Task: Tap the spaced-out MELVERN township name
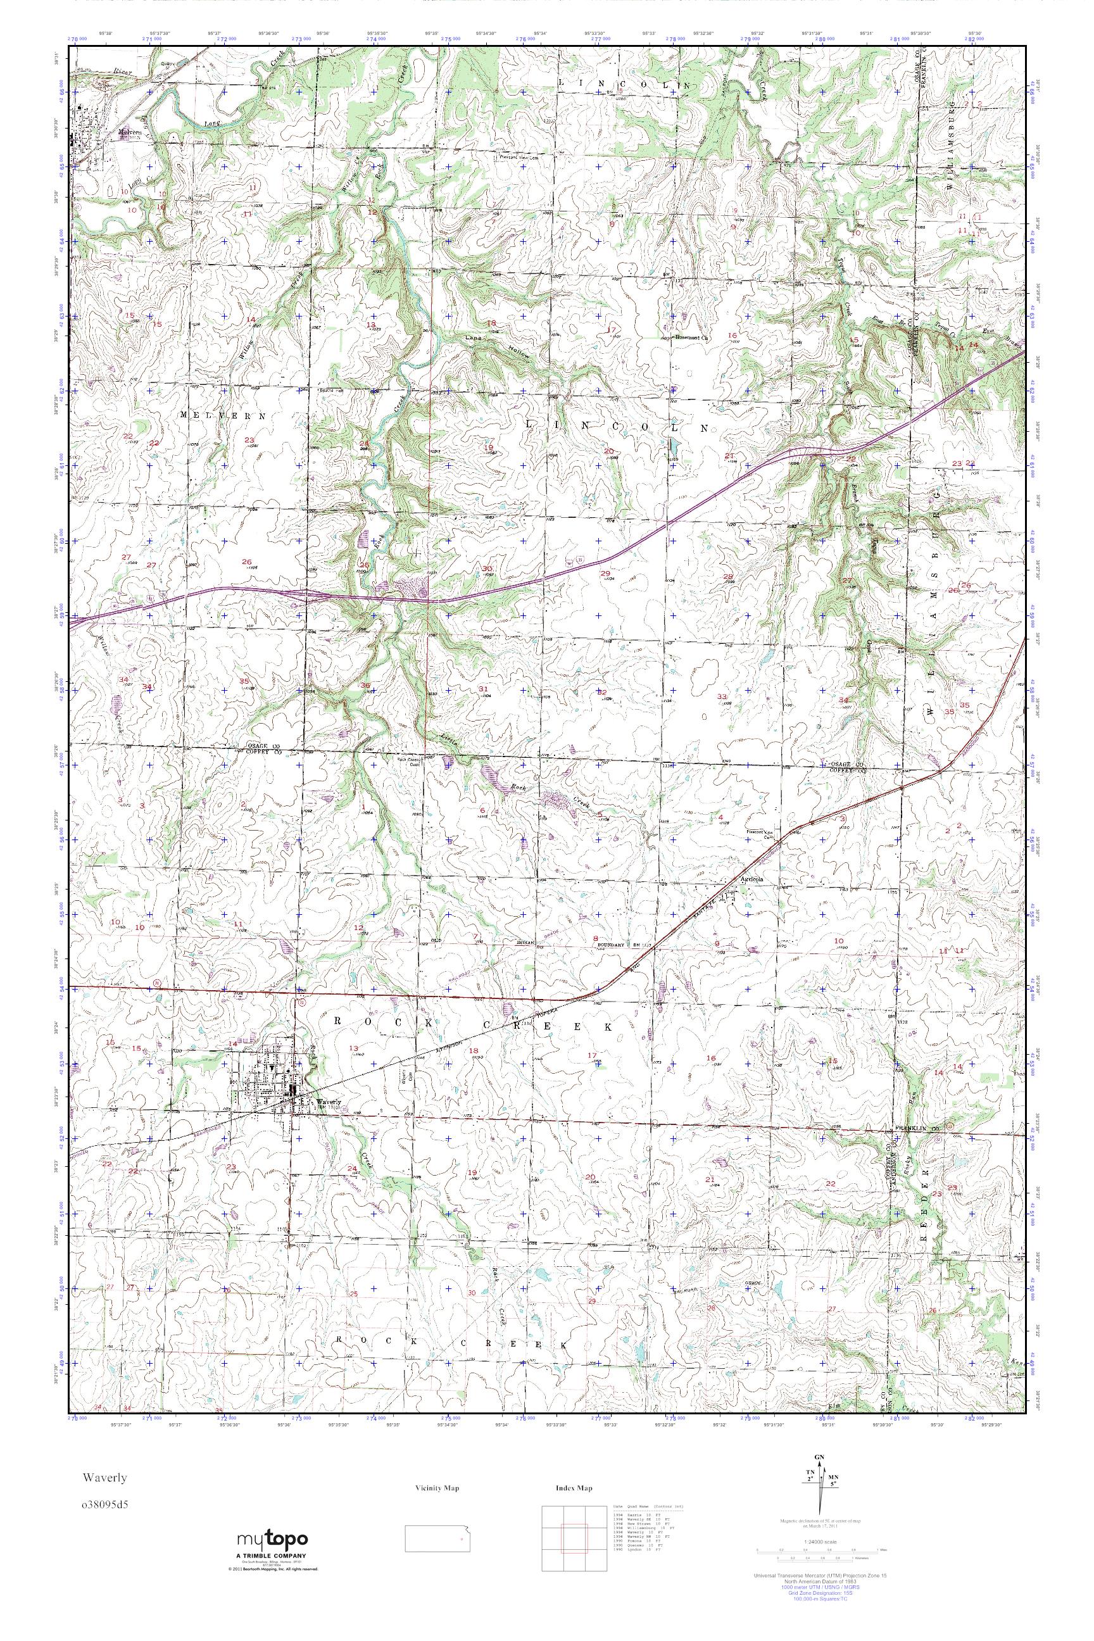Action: (x=223, y=415)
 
